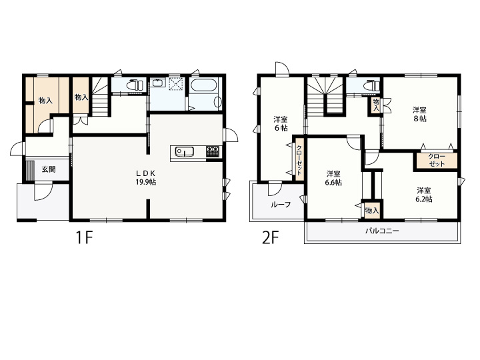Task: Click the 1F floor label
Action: [84, 237]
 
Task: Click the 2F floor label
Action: [271, 237]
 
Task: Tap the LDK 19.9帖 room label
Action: [146, 177]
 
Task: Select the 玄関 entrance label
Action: [49, 169]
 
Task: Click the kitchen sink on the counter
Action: [184, 151]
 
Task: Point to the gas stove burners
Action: [213, 151]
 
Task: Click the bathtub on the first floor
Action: [203, 85]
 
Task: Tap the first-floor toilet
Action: [135, 85]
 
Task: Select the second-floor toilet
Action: [372, 85]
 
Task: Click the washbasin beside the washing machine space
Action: [158, 83]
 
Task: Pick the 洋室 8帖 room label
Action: [419, 114]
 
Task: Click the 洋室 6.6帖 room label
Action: [333, 178]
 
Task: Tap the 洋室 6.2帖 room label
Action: [424, 195]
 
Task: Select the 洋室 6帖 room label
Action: [281, 123]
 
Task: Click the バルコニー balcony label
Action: [382, 231]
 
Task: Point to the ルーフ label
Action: [281, 205]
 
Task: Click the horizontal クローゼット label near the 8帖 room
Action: [437, 160]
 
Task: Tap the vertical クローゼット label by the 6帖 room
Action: [299, 160]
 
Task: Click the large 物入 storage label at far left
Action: [45, 101]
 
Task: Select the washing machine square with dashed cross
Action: [177, 83]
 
